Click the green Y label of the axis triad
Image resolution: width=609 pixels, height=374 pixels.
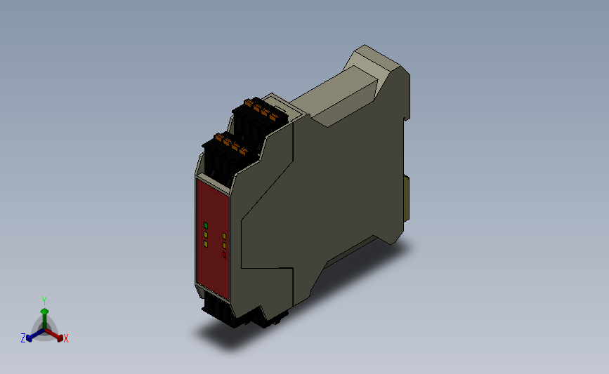click(x=44, y=300)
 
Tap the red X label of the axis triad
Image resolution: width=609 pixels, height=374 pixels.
click(x=66, y=339)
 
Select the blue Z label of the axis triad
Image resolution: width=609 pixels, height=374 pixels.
click(x=23, y=338)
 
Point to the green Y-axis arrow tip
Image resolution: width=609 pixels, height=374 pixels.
click(x=44, y=309)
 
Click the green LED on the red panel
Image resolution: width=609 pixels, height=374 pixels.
click(x=205, y=225)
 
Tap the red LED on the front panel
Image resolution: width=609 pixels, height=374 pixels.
click(x=224, y=255)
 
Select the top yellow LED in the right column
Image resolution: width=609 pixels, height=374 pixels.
click(x=224, y=236)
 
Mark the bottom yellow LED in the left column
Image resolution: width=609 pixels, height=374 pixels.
click(x=205, y=243)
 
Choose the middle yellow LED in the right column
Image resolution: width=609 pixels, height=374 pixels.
click(x=224, y=246)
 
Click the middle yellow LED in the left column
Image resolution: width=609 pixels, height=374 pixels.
click(x=205, y=234)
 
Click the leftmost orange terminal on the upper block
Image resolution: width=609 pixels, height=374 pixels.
click(x=248, y=103)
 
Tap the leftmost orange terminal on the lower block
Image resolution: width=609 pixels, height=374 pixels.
click(x=218, y=138)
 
